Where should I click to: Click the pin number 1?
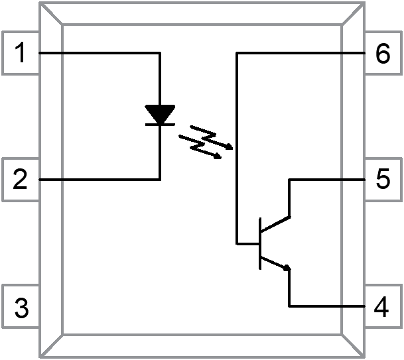coord(22,54)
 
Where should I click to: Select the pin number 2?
coord(21,180)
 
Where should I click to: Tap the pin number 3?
coord(21,308)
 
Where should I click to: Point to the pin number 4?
coord(381,308)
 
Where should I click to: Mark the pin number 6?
coord(382,54)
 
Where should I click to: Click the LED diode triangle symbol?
coord(160,113)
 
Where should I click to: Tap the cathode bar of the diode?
coord(160,124)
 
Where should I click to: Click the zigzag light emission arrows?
coord(206,141)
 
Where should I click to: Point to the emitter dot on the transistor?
coord(287,268)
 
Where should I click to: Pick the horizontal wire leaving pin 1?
coord(100,52)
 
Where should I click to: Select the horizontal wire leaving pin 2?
coord(100,179)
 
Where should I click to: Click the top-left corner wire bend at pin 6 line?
coord(237,52)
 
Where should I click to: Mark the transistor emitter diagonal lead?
coord(275,263)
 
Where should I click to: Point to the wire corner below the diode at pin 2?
coord(160,179)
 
